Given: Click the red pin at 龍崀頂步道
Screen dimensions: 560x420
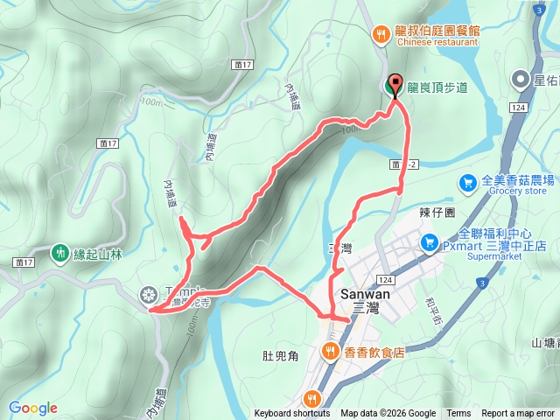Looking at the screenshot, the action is click(x=395, y=85).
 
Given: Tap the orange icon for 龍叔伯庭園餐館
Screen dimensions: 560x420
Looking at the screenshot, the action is click(x=381, y=35).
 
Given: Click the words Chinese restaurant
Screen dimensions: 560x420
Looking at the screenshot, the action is click(x=438, y=41).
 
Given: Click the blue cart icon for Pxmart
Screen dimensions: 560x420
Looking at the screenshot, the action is click(x=430, y=241).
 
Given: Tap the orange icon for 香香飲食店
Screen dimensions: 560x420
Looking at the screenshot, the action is click(x=330, y=352).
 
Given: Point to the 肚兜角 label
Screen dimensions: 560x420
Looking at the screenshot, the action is click(x=281, y=355).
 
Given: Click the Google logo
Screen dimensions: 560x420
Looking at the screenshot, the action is click(x=32, y=408).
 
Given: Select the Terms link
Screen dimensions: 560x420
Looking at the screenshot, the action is click(x=458, y=414).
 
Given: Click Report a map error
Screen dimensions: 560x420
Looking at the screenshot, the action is click(x=518, y=414).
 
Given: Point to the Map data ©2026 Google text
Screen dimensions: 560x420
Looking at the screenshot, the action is click(x=388, y=414).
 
